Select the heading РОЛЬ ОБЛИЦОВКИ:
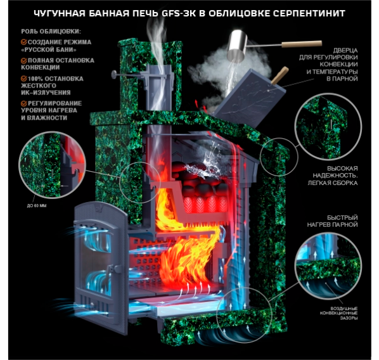point(51,32)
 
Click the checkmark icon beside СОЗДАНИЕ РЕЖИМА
point(23,42)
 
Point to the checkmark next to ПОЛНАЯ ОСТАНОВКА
point(23,60)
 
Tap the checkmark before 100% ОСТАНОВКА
point(23,79)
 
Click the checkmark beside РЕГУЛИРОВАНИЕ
point(23,103)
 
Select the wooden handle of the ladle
point(302,44)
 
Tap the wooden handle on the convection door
point(280,75)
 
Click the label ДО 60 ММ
point(37,206)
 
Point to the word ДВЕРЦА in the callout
point(345,51)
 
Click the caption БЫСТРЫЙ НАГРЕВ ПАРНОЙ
point(332,221)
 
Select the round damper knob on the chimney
point(113,74)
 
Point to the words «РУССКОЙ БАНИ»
point(49,49)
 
